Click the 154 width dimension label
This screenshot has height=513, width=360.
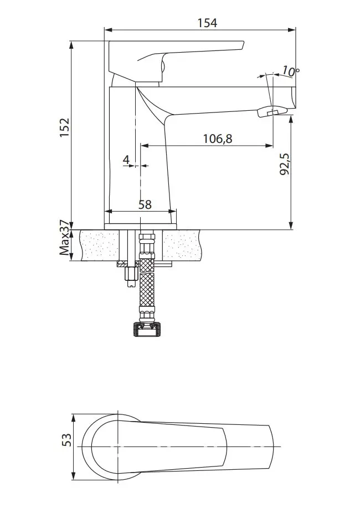click(x=207, y=23)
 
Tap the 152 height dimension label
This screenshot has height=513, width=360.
click(x=65, y=127)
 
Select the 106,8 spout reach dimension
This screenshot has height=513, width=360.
click(x=218, y=138)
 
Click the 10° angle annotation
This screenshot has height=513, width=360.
click(x=291, y=71)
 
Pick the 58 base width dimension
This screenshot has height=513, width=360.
click(x=145, y=204)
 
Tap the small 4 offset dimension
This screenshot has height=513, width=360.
click(x=126, y=160)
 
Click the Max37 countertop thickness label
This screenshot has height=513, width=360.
click(x=65, y=238)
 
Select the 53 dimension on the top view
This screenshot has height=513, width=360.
click(x=66, y=439)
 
